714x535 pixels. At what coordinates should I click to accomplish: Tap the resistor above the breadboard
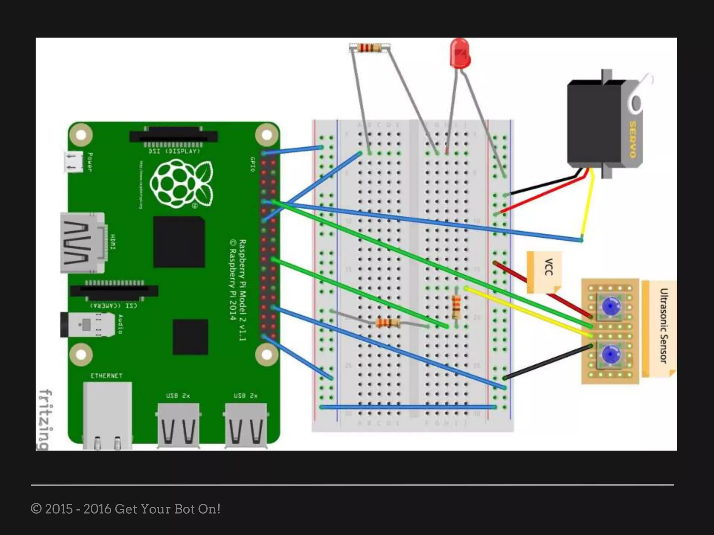coord(370,48)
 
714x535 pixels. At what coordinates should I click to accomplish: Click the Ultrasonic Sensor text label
coord(663,326)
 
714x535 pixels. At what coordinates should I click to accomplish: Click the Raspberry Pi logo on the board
coord(181,183)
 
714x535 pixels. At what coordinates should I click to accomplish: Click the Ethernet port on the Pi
coord(107,414)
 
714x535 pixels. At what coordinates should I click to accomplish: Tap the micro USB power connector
coord(73,162)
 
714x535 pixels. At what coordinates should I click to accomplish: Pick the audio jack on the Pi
coord(87,325)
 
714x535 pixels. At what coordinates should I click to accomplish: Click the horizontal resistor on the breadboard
coord(388,323)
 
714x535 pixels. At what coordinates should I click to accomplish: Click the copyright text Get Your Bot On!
coord(126,509)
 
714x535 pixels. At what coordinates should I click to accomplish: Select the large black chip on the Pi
coord(179,242)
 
